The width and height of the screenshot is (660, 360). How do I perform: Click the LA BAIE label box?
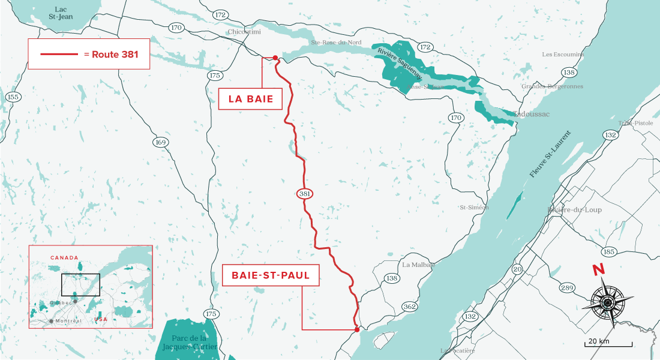click(x=250, y=100)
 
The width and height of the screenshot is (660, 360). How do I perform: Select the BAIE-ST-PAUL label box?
click(x=270, y=277)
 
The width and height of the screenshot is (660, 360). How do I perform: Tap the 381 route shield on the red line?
click(x=304, y=194)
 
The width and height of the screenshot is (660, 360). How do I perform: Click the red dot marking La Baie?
click(x=275, y=58)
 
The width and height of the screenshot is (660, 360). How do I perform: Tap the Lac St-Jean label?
click(x=61, y=13)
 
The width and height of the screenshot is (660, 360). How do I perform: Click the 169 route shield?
click(x=161, y=142)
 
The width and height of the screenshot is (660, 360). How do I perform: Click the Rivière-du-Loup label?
click(x=574, y=209)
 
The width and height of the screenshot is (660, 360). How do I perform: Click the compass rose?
click(x=607, y=302)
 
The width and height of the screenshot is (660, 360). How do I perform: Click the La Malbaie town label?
click(x=418, y=265)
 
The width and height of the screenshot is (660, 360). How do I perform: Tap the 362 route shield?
click(x=410, y=307)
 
